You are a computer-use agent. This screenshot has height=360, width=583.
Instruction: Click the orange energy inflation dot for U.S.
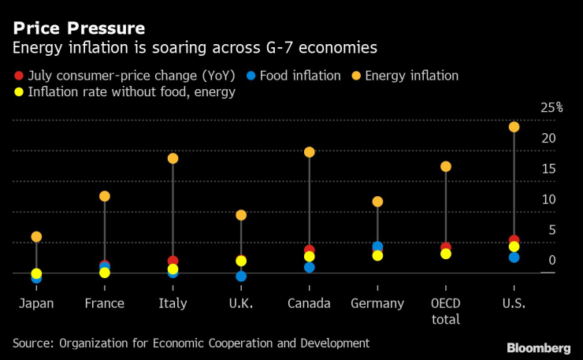pyautogui.click(x=514, y=127)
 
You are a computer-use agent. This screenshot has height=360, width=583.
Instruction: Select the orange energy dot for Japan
pyautogui.click(x=36, y=236)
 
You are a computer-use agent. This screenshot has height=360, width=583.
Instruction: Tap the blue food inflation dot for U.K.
pyautogui.click(x=241, y=276)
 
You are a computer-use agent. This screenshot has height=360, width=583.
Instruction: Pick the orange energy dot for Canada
pyautogui.click(x=310, y=152)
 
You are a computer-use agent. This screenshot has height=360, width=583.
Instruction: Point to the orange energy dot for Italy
pyautogui.click(x=173, y=158)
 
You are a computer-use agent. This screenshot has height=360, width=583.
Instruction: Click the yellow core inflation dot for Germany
pyautogui.click(x=377, y=255)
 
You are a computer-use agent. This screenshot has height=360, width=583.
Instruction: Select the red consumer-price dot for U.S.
pyautogui.click(x=514, y=240)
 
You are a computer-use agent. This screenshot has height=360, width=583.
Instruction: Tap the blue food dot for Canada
pyautogui.click(x=310, y=268)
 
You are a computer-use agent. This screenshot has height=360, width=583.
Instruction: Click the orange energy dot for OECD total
pyautogui.click(x=446, y=166)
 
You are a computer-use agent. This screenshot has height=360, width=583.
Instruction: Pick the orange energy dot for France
pyautogui.click(x=105, y=196)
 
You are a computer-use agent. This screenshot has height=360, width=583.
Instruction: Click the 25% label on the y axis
pyautogui.click(x=551, y=108)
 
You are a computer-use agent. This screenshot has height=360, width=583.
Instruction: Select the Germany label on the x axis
pyautogui.click(x=377, y=303)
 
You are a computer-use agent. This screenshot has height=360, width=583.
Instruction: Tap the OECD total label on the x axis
pyautogui.click(x=446, y=311)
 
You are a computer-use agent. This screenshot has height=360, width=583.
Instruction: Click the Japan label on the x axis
pyautogui.click(x=36, y=303)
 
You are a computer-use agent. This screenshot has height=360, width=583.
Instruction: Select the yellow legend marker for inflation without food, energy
pyautogui.click(x=18, y=92)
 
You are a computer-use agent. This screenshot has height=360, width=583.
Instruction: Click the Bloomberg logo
pyautogui.click(x=538, y=347)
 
